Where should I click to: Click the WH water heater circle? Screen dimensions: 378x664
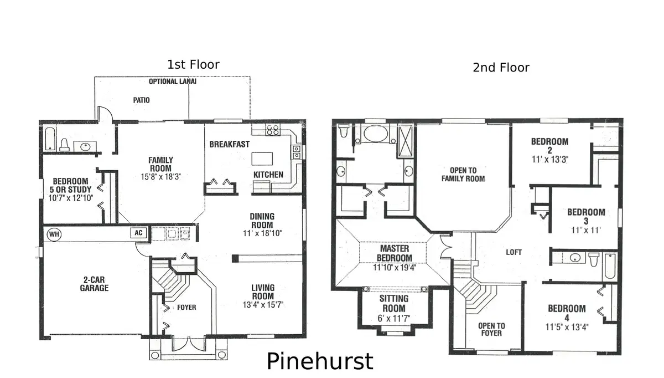(54, 233)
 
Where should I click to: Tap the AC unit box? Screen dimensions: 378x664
(138, 233)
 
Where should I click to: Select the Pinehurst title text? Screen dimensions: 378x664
(320, 361)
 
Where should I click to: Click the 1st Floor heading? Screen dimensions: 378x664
(193, 65)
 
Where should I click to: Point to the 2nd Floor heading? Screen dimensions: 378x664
(501, 68)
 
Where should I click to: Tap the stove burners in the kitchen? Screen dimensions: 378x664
(273, 131)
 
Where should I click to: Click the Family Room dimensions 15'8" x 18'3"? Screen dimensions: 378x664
(160, 177)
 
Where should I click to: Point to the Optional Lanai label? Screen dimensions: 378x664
(173, 81)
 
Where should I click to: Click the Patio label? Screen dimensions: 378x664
(141, 100)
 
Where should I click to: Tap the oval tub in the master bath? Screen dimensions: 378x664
(376, 135)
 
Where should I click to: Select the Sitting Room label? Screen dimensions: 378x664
(393, 303)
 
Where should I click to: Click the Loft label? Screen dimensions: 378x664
(513, 252)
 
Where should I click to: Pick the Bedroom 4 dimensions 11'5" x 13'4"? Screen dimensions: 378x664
(567, 326)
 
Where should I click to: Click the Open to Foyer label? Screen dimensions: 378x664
(491, 329)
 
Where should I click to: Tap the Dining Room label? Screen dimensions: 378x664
(262, 221)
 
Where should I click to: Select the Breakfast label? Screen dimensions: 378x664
(229, 144)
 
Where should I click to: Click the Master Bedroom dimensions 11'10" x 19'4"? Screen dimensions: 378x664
(395, 267)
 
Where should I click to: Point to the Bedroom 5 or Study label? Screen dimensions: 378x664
(70, 186)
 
